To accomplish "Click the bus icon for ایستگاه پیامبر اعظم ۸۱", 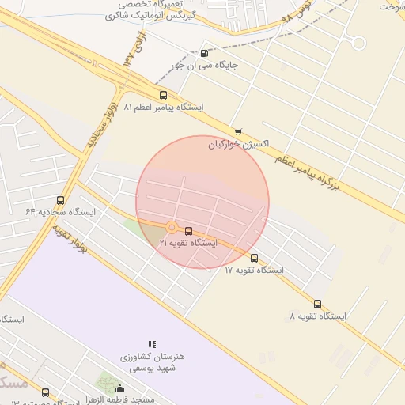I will click(164, 95).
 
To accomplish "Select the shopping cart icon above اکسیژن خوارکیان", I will click(237, 132).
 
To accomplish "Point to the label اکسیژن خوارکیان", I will click(239, 144).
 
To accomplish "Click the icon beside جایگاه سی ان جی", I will click(206, 55).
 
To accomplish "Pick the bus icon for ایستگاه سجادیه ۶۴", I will click(61, 201).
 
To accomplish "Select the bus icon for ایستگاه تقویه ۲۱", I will click(188, 231).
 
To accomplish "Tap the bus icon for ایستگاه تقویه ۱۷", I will click(254, 258).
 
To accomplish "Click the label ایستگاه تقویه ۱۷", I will click(253, 270).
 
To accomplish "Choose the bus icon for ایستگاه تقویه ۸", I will click(317, 304).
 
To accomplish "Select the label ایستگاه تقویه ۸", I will click(318, 316).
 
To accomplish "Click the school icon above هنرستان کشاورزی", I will click(152, 344).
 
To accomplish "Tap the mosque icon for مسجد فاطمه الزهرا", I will click(120, 388).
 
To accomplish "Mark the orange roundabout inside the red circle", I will click(172, 228).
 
